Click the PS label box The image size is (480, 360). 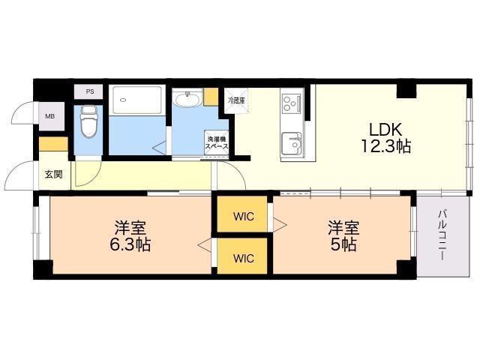[90, 91]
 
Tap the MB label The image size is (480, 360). [49, 116]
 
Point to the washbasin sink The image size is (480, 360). [187, 100]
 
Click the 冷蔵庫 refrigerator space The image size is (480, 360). [236, 100]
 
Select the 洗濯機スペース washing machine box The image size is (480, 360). [217, 142]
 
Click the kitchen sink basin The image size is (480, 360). [291, 142]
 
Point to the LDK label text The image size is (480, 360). [387, 127]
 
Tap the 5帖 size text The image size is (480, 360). [344, 244]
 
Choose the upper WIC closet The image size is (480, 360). [243, 217]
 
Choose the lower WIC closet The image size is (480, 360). [243, 258]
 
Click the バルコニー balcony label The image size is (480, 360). [442, 235]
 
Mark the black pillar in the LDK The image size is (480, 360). [406, 91]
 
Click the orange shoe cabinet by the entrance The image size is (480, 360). [53, 145]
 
